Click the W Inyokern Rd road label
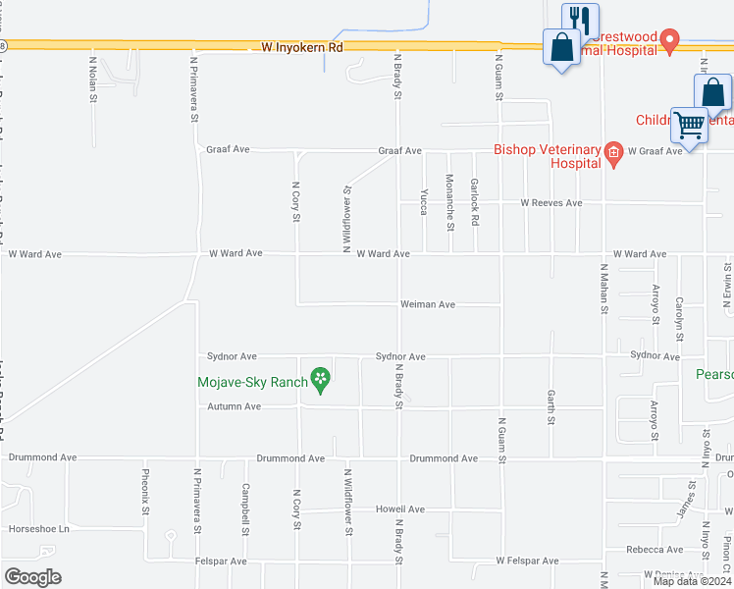coord(302,46)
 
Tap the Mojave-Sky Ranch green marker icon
coord(319,378)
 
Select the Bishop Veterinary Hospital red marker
coord(613,151)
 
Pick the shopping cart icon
coord(690,127)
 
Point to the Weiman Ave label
coord(428,304)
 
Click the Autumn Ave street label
coord(234,406)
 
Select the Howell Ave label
coord(400,509)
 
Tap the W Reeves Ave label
coord(551,203)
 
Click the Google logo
coord(33,577)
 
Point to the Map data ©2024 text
coord(691,581)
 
